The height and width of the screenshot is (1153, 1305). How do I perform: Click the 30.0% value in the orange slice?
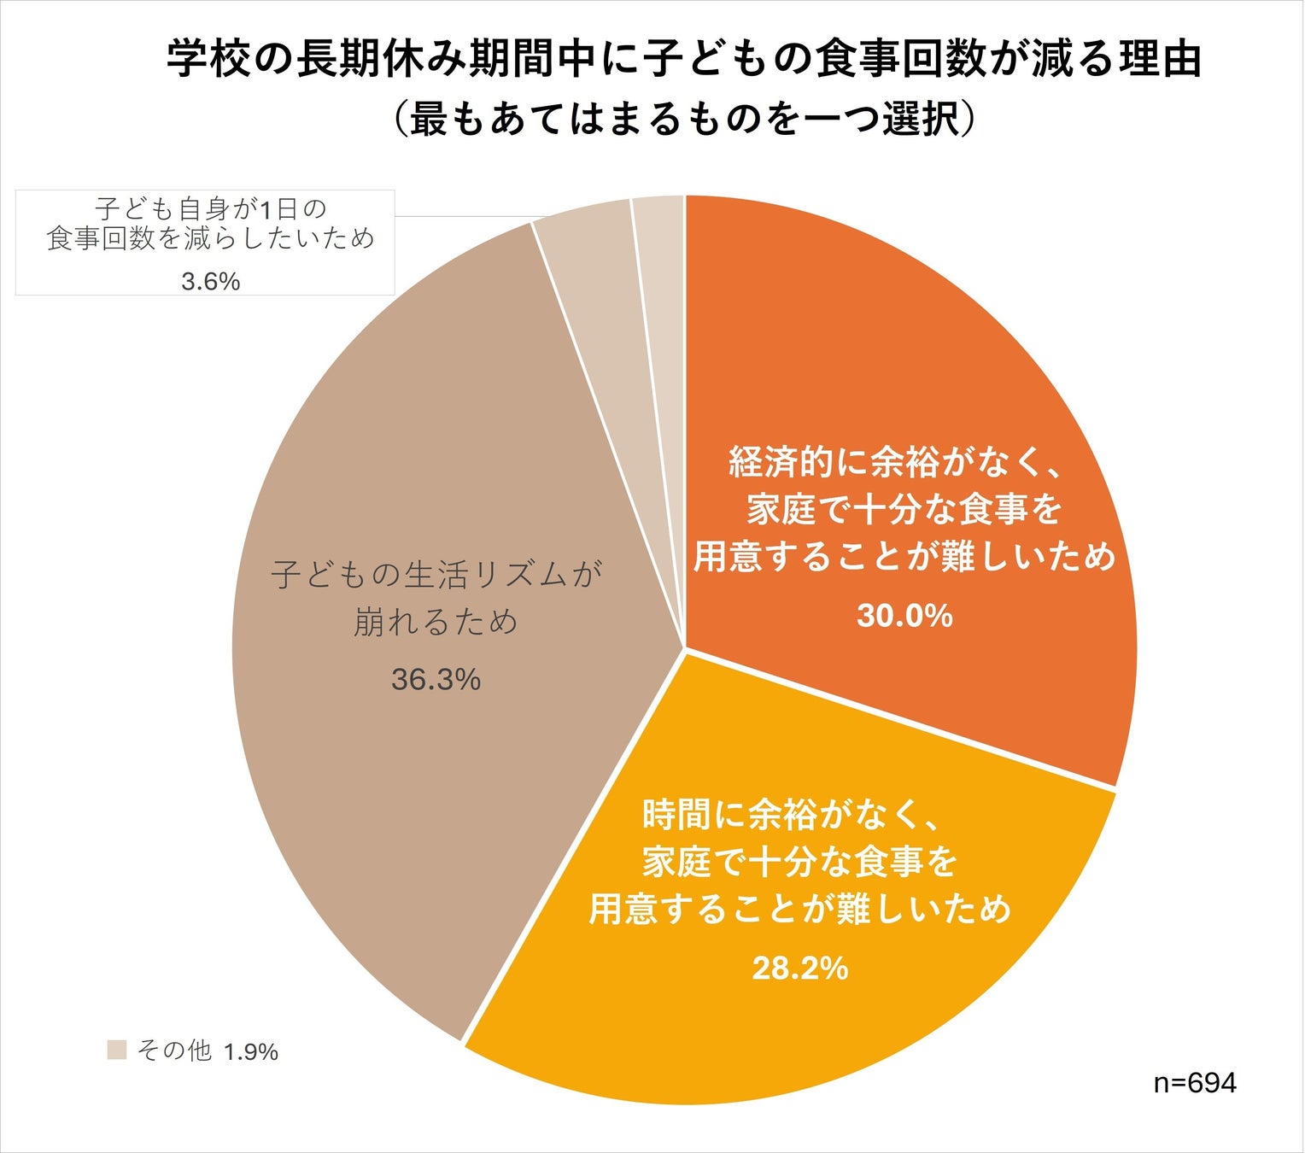[904, 616]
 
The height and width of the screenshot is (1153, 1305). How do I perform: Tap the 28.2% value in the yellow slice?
[799, 969]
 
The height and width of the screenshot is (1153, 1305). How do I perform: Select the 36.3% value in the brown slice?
[436, 680]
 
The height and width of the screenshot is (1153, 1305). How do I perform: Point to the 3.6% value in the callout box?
[210, 281]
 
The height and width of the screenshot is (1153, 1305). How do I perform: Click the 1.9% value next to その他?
[251, 1052]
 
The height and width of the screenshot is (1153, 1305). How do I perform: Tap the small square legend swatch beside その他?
[117, 1050]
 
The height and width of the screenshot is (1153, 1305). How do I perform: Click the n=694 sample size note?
[1194, 1083]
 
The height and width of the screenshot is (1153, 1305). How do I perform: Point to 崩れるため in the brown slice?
[436, 622]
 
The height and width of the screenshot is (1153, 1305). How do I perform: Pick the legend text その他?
[174, 1051]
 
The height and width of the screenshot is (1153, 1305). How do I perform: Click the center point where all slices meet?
[685, 647]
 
